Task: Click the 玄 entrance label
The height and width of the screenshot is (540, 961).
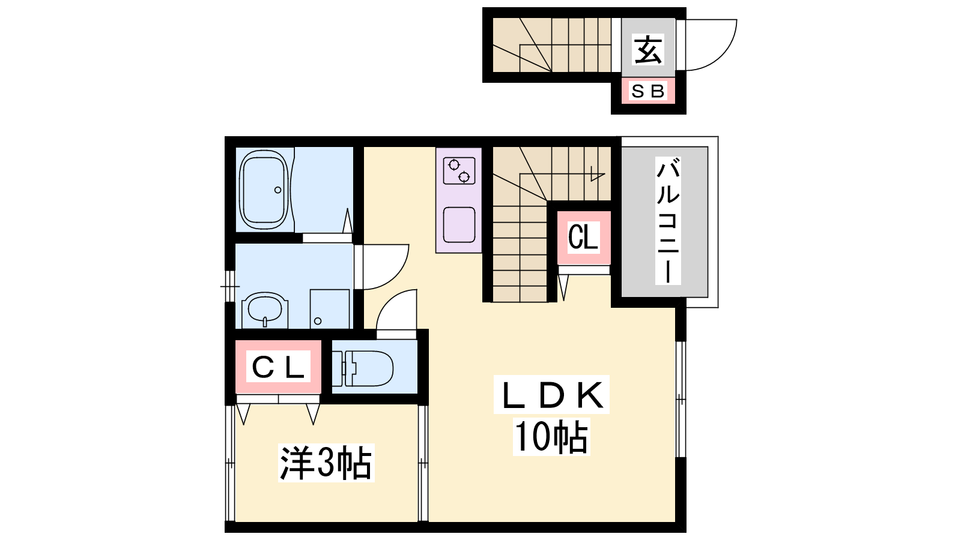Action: click(648, 50)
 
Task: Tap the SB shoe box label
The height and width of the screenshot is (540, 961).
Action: click(648, 91)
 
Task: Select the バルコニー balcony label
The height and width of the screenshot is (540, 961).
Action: click(668, 221)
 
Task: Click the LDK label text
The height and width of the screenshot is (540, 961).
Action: click(552, 395)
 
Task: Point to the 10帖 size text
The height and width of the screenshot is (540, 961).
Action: click(551, 437)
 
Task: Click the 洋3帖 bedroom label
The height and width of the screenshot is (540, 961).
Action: click(326, 463)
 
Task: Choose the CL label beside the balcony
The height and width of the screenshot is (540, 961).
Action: click(583, 236)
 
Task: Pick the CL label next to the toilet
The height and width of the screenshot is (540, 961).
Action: click(279, 367)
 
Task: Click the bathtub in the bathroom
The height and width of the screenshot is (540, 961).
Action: click(264, 190)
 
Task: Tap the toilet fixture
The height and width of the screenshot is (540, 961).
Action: click(363, 368)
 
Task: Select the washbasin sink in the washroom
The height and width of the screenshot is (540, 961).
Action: click(265, 310)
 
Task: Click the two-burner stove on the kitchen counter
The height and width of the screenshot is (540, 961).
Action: click(459, 170)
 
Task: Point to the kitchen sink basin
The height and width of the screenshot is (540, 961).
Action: click(459, 225)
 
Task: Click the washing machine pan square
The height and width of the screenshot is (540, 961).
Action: click(330, 309)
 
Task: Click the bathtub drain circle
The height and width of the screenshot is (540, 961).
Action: click(278, 190)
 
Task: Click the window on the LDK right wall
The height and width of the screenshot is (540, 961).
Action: click(681, 400)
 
